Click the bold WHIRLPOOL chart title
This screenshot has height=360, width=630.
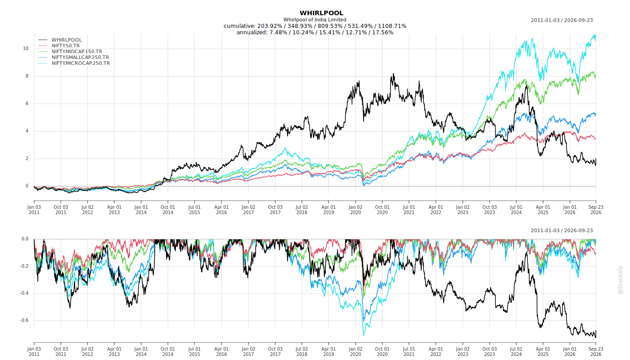click(x=321, y=13)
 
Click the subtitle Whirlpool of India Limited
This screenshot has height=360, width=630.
click(x=315, y=20)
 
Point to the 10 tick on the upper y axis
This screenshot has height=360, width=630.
click(x=26, y=49)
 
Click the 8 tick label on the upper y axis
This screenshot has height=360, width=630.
click(x=27, y=76)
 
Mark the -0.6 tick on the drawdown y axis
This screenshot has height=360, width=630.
click(x=24, y=320)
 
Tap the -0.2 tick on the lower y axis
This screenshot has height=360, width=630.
click(x=24, y=266)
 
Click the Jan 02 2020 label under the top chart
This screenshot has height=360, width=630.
click(x=355, y=210)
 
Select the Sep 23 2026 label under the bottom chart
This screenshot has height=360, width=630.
click(x=596, y=351)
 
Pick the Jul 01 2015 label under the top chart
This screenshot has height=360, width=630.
click(x=194, y=210)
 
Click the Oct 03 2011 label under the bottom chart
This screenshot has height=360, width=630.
click(x=61, y=351)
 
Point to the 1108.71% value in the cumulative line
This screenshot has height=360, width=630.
click(x=392, y=26)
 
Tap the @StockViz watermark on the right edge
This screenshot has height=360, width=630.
click(x=620, y=280)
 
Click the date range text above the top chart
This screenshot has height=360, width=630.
click(x=562, y=20)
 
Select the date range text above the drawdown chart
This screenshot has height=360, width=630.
click(x=562, y=230)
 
